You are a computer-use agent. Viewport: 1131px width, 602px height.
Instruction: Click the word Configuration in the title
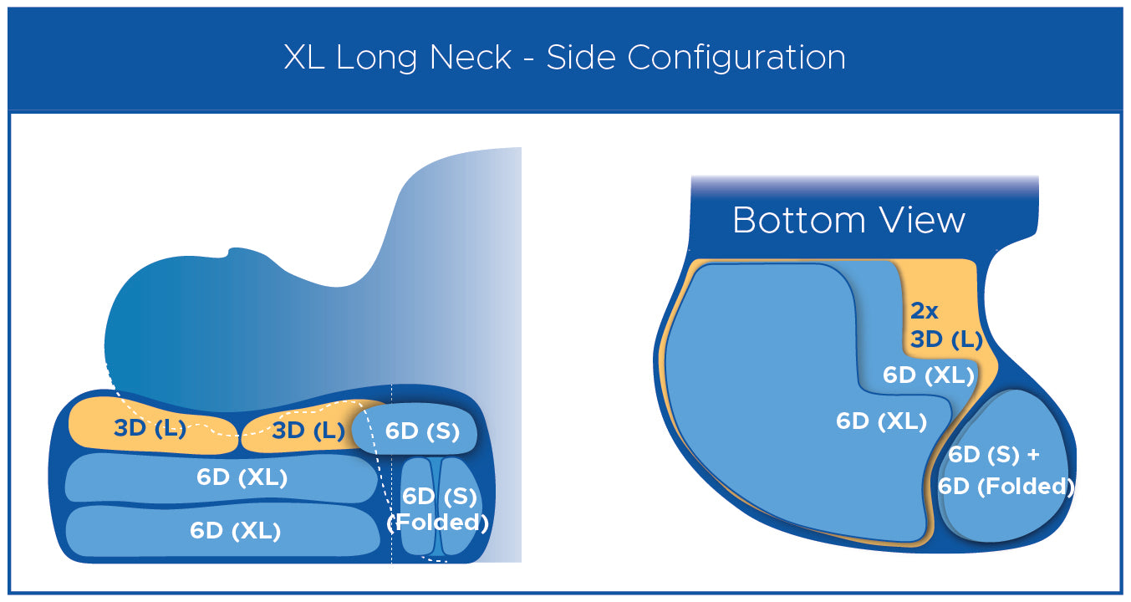736,58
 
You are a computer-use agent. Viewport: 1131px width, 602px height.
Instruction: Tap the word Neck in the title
471,57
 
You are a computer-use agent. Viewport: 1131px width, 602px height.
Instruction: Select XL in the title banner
304,57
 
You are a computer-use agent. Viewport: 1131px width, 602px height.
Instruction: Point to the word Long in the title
377,58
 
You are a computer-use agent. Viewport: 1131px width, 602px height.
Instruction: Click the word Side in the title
581,57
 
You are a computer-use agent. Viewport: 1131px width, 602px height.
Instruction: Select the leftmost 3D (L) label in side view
150,428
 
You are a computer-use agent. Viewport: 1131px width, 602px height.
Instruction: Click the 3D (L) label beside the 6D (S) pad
308,431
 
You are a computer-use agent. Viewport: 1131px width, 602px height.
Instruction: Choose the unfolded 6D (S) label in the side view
422,431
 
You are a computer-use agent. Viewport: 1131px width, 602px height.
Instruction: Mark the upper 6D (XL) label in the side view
242,477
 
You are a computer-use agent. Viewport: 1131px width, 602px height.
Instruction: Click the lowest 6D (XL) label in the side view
235,531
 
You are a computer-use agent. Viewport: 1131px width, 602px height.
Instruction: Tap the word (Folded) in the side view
438,523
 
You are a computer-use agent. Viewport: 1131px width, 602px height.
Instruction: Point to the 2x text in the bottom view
924,311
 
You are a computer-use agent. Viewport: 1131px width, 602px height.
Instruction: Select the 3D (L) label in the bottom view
946,339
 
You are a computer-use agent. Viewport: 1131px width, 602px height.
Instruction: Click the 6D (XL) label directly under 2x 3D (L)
929,375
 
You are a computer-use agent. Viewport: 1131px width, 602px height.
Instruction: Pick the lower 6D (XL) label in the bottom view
882,421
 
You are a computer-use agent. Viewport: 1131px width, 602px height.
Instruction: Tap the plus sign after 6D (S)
1033,455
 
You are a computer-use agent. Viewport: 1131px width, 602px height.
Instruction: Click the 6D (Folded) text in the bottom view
1006,487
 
